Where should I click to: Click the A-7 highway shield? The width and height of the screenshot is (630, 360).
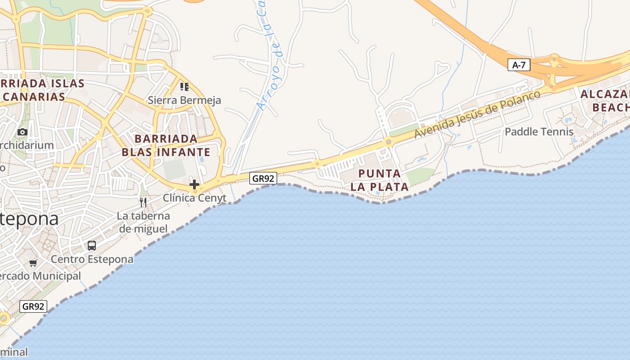pos(519,65)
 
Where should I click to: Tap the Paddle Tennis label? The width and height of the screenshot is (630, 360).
pos(539,132)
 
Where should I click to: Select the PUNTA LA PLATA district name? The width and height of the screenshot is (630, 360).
pos(380,180)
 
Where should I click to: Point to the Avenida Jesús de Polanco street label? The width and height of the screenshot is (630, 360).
pos(477,115)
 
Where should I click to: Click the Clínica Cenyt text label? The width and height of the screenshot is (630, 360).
pos(194,198)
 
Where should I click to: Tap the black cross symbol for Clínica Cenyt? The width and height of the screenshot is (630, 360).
pos(194,184)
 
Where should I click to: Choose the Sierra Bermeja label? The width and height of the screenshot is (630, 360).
pos(184,100)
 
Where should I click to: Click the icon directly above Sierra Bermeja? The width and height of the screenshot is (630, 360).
pos(184,86)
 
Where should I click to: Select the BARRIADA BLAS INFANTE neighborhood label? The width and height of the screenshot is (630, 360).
pos(166,145)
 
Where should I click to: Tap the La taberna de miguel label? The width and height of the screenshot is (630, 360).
pos(143,222)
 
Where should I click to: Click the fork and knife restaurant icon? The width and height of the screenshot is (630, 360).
pos(143,202)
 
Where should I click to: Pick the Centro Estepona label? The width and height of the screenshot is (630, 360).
pos(92,259)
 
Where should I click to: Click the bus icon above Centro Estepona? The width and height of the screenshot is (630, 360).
pos(92,246)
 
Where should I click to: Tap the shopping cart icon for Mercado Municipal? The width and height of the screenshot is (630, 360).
pos(33,263)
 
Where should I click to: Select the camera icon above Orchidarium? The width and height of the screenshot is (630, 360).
pos(22,132)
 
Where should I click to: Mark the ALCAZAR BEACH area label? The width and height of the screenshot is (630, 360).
pos(605,101)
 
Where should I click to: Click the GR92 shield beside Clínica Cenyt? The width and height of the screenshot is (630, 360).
pos(263,178)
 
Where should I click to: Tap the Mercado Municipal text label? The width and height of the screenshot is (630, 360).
pos(40,276)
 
